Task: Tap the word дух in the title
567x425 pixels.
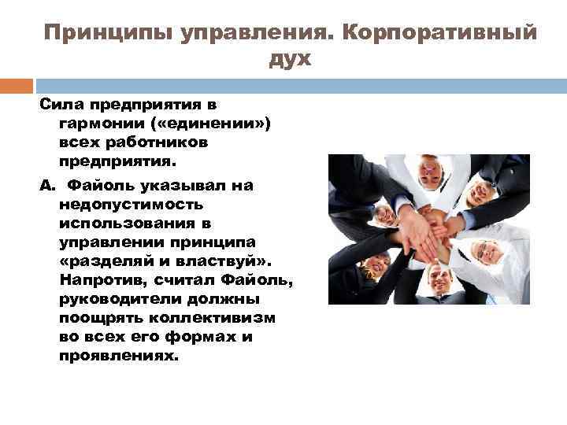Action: pyautogui.click(x=291, y=59)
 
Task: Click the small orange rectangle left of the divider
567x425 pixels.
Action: pyautogui.click(x=17, y=85)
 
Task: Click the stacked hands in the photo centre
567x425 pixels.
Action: pyautogui.click(x=425, y=227)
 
